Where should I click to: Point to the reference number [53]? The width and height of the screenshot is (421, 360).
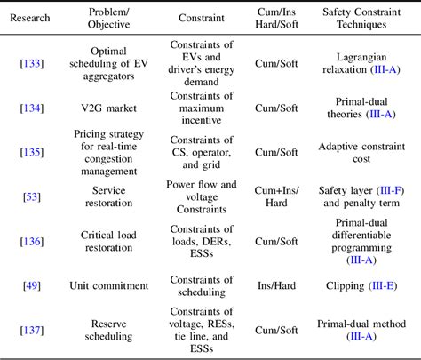[29, 196]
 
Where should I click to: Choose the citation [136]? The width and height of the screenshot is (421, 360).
[29, 243]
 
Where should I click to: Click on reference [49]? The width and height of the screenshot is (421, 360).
[29, 288]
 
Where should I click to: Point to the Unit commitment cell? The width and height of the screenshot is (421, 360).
[102, 288]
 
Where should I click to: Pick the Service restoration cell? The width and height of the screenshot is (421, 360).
[102, 196]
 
